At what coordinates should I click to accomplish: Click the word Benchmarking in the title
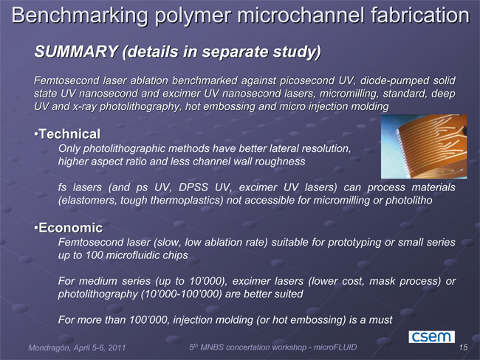[80, 15]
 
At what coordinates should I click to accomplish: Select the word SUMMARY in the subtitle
[76, 52]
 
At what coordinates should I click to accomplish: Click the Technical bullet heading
[69, 134]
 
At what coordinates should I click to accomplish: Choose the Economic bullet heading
[70, 228]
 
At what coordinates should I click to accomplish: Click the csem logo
[432, 336]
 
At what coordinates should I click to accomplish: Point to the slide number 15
[463, 347]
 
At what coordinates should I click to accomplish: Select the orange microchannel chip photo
[424, 146]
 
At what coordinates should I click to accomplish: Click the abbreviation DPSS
[193, 187]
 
